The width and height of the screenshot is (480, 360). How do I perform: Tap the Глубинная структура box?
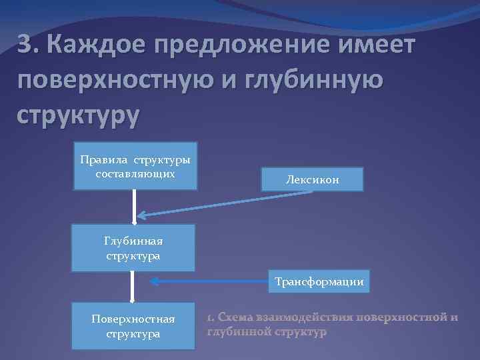pos(133,248)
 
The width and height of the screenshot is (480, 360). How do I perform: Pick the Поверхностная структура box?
pos(133,326)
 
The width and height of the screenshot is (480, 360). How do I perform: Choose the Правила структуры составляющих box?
pos(135,167)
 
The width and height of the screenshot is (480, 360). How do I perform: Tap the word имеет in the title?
pos(375,47)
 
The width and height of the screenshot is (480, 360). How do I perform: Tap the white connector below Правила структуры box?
pos(135,207)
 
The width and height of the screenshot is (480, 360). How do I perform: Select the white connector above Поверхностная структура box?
pos(133,286)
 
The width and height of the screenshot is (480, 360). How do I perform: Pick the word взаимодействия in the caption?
pos(311,317)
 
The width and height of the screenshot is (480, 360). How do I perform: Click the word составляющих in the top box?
pos(135,173)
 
